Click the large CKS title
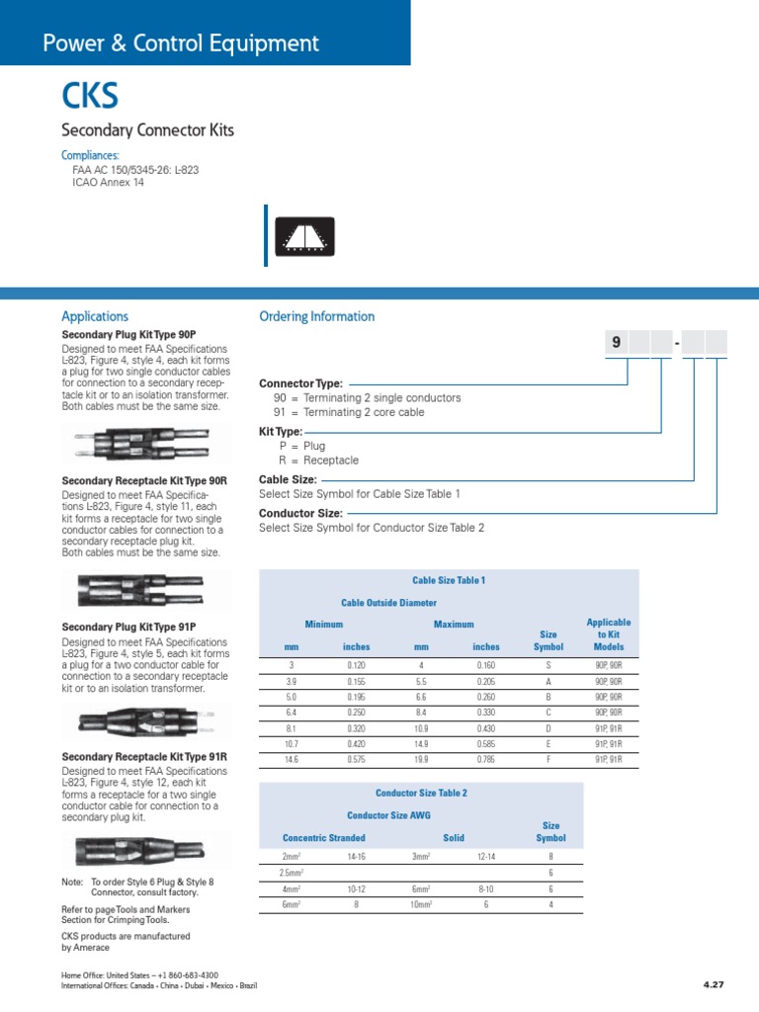90,97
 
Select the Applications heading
95,316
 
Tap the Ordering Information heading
316,316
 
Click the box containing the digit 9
617,343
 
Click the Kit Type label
281,432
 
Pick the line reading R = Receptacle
319,461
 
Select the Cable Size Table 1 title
448,580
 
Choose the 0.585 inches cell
486,743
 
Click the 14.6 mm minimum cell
292,759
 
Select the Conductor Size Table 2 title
421,793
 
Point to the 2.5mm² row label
292,874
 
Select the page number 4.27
714,984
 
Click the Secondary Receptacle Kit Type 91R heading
144,757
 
